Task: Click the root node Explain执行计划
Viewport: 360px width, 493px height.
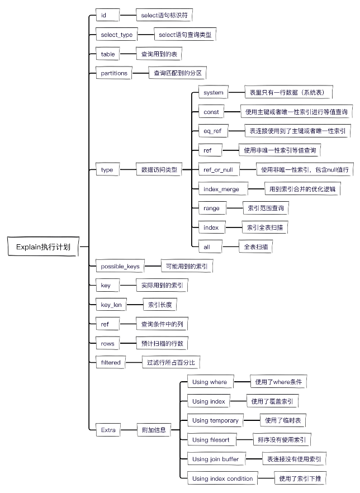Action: click(44, 246)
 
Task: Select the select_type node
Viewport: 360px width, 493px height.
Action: click(117, 35)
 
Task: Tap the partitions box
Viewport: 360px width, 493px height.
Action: click(114, 73)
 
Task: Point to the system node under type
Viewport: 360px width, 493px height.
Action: click(214, 92)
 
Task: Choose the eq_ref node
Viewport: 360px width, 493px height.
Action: click(213, 131)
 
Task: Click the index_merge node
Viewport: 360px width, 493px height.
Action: click(221, 189)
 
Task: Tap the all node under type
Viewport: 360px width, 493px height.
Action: click(207, 246)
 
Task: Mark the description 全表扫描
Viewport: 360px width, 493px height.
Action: click(255, 246)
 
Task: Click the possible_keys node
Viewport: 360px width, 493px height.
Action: click(120, 266)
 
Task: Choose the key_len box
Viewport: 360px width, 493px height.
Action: click(111, 305)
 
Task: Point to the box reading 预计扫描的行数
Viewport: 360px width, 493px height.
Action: click(162, 343)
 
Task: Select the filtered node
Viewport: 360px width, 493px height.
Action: click(111, 362)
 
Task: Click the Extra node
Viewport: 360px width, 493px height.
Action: click(108, 430)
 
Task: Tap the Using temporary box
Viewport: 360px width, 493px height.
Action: click(215, 420)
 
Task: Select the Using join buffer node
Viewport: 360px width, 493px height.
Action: click(215, 459)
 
